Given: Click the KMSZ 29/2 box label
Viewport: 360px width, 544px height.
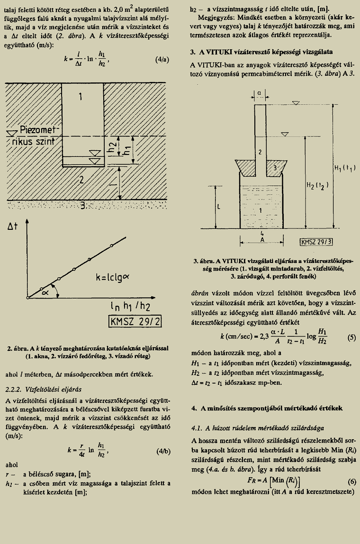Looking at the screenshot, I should click(135, 322).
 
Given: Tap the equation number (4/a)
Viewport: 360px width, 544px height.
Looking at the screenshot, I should click(162, 60).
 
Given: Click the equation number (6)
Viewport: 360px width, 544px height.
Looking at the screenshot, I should click(351, 481).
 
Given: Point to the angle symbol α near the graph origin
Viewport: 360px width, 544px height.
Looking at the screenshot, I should click(45, 293).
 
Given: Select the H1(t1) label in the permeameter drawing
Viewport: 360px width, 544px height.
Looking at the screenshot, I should click(345, 167).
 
